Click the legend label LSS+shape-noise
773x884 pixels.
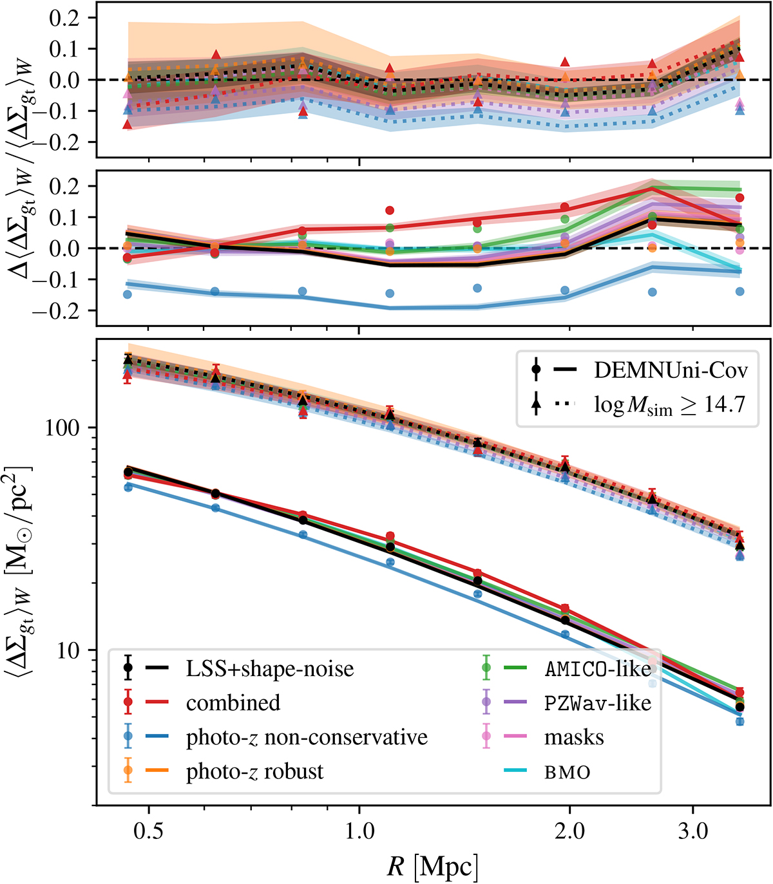pyautogui.click(x=270, y=669)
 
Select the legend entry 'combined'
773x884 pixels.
pyautogui.click(x=233, y=702)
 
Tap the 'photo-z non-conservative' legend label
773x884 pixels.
pyautogui.click(x=307, y=737)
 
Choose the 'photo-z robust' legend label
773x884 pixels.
pyautogui.click(x=254, y=771)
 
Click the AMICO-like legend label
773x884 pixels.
pyautogui.click(x=598, y=669)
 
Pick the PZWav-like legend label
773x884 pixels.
pyautogui.click(x=598, y=702)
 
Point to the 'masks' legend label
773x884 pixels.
pyautogui.click(x=574, y=737)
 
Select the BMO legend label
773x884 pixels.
pyautogui.click(x=567, y=771)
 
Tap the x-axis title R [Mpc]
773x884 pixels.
pyautogui.click(x=433, y=868)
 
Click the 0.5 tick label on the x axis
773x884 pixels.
pyautogui.click(x=148, y=832)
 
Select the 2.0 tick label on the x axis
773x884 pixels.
pyautogui.click(x=569, y=832)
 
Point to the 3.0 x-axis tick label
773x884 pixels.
pyautogui.click(x=692, y=832)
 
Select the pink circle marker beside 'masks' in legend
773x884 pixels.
pyautogui.click(x=486, y=737)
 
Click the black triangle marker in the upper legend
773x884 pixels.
pyautogui.click(x=536, y=404)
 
